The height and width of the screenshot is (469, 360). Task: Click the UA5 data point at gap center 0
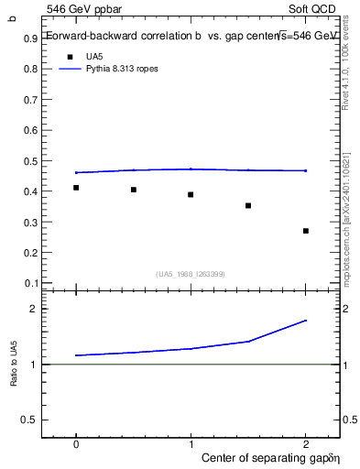(x=76, y=188)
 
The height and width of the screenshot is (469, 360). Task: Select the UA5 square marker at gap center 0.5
(x=134, y=190)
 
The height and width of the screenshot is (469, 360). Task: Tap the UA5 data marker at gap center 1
(x=191, y=194)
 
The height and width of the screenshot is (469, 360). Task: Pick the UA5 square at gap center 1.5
(x=248, y=205)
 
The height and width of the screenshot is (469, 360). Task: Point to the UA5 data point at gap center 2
(x=305, y=231)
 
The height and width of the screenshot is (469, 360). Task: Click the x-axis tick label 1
(x=191, y=442)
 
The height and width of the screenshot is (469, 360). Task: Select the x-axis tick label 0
(x=76, y=442)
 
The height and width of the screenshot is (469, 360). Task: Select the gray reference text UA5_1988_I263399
(x=191, y=274)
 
